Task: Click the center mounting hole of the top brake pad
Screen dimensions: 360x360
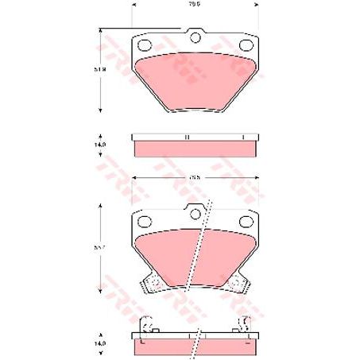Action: [193, 37]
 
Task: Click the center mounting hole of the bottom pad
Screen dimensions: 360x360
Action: [193, 213]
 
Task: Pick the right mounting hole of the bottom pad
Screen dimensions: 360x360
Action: [244, 222]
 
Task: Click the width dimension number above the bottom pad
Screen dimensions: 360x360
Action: [193, 177]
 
